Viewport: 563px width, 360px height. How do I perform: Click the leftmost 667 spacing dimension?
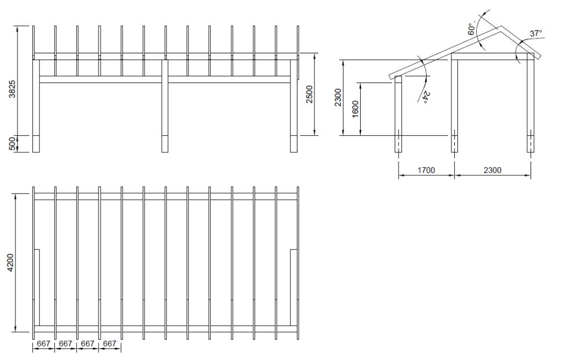click(x=44, y=344)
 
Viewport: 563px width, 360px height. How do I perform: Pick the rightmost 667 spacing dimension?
click(x=110, y=344)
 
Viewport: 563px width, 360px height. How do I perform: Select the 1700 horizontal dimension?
click(x=426, y=170)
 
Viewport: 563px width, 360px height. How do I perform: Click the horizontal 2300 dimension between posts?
click(x=492, y=170)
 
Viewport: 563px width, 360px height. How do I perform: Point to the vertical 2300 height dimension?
click(x=339, y=98)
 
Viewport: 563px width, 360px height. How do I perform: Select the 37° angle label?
click(x=536, y=34)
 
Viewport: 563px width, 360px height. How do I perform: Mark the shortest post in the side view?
click(x=399, y=113)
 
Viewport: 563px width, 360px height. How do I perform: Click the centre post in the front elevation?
click(x=164, y=104)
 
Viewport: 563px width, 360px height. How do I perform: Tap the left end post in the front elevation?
click(x=36, y=104)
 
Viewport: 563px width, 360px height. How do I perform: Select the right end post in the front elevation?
click(x=294, y=104)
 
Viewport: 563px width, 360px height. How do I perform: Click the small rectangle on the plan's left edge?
click(x=36, y=275)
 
